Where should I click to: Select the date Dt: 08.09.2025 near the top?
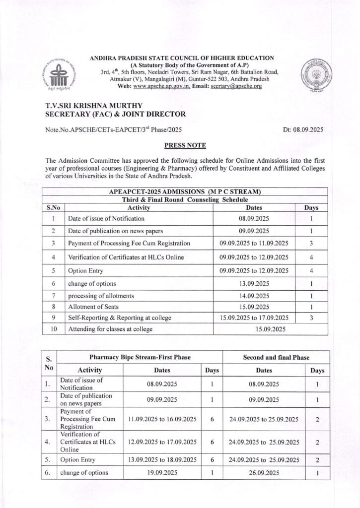tap(303, 129)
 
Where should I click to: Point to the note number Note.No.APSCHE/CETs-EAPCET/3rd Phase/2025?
tap(113, 129)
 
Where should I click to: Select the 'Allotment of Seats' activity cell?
tap(93, 307)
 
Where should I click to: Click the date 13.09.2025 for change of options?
tap(254, 284)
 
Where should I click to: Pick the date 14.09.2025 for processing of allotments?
tap(254, 295)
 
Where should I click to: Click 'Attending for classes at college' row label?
tap(110, 329)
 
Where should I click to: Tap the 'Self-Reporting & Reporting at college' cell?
tap(119, 317)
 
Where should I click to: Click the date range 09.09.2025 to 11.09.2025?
tap(254, 243)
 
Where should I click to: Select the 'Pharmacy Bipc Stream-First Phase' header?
tap(140, 357)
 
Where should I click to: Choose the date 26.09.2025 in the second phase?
tap(264, 473)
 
